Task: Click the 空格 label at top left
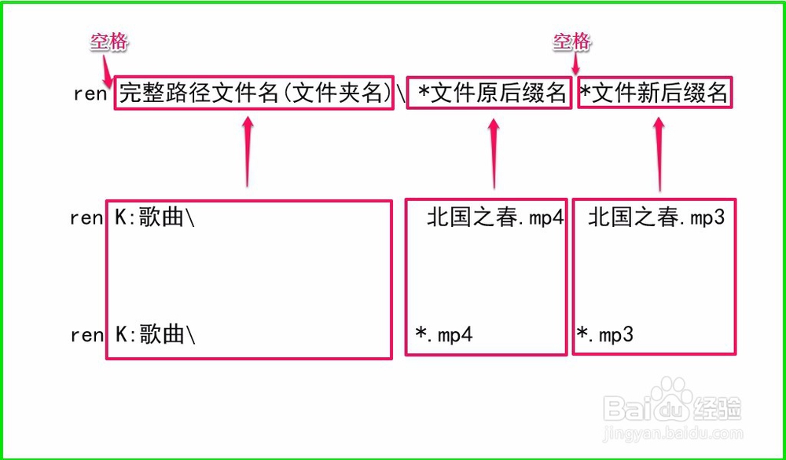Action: click(108, 42)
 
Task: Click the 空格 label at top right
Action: click(571, 42)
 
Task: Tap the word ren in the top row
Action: click(90, 93)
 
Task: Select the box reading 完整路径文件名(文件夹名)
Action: click(254, 93)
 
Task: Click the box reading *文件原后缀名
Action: click(489, 93)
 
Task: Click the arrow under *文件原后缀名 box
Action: click(494, 153)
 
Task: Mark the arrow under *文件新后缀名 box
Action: click(659, 153)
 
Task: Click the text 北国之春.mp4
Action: click(495, 218)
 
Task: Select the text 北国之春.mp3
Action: click(656, 217)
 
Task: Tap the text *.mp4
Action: click(444, 334)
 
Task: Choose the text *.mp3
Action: click(605, 334)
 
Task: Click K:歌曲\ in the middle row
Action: click(155, 218)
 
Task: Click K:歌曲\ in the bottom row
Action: click(155, 335)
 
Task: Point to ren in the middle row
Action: click(86, 218)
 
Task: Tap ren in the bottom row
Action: click(86, 335)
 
